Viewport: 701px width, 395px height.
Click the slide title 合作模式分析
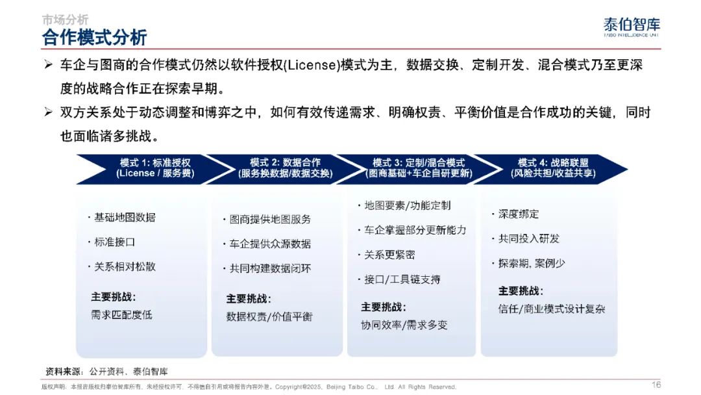(x=94, y=37)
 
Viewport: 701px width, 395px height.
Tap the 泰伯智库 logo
(x=632, y=27)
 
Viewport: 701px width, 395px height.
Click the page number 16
(x=656, y=385)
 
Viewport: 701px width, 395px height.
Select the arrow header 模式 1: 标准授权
(x=155, y=168)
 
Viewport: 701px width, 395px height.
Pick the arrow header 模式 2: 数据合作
(x=285, y=168)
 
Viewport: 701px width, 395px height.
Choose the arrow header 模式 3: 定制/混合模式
(x=419, y=168)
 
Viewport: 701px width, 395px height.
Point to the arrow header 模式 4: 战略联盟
(x=553, y=168)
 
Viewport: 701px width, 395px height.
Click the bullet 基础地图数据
(x=122, y=218)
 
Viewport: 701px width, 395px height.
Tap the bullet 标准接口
(x=112, y=242)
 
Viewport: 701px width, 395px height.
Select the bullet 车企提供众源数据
(x=267, y=244)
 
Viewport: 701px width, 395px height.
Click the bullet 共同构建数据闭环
(x=267, y=268)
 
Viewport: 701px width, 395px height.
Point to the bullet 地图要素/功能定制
(x=404, y=205)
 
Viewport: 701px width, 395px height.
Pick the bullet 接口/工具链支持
(x=399, y=279)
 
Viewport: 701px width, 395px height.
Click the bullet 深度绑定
(x=515, y=214)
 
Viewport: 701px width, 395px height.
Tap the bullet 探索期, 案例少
(x=528, y=264)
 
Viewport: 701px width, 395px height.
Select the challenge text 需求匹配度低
(x=121, y=315)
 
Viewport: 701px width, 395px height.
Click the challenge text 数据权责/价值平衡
(x=269, y=317)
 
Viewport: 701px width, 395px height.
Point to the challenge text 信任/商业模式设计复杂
(x=552, y=309)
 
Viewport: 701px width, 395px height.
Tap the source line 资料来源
(x=107, y=372)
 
